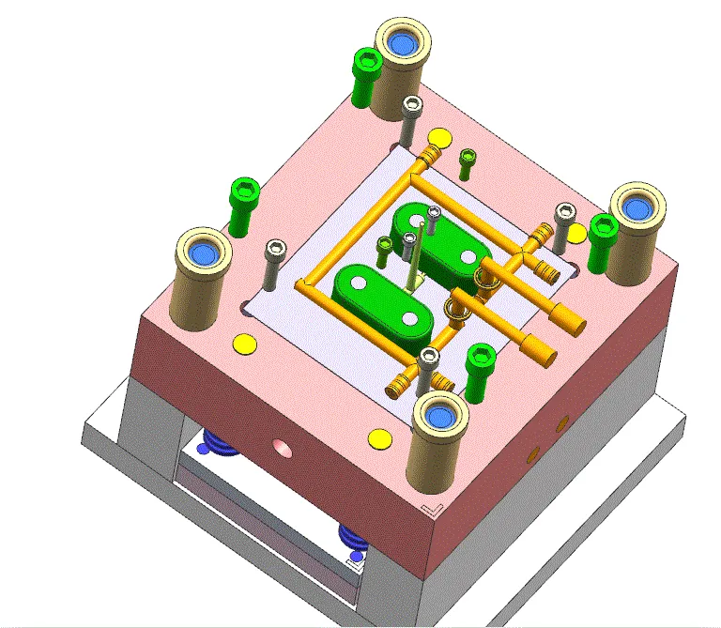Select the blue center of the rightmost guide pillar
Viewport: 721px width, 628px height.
(637, 207)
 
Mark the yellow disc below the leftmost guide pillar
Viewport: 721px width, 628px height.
(243, 344)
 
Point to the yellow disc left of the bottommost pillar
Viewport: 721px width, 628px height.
(379, 437)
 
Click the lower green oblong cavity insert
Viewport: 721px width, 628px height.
(381, 301)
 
